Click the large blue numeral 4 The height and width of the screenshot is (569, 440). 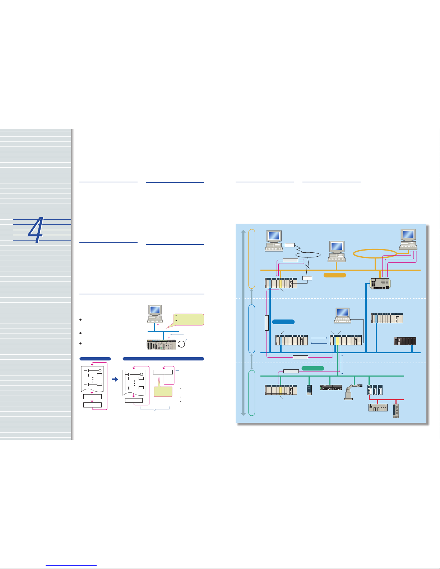point(36,230)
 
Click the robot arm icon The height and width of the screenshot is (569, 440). point(351,392)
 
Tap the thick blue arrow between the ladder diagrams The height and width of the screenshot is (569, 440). point(115,379)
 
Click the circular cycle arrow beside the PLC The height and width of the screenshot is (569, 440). point(182,344)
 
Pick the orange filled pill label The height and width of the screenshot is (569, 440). point(334,275)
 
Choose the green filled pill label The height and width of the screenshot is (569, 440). point(312,368)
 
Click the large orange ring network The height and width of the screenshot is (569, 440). point(375,253)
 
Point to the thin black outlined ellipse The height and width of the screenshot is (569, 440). point(307,255)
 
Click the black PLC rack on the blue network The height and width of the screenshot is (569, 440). point(405,341)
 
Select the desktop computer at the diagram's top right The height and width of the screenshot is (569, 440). point(408,239)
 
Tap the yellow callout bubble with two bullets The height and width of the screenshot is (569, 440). point(188,319)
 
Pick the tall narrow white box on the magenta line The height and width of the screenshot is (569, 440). point(267,322)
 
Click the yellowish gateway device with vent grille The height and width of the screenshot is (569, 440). point(380,284)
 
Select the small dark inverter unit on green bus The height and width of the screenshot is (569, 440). point(309,390)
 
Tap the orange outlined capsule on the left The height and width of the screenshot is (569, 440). point(252,258)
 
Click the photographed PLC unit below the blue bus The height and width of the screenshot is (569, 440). point(162,344)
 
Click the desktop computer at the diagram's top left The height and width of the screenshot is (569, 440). point(273,241)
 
